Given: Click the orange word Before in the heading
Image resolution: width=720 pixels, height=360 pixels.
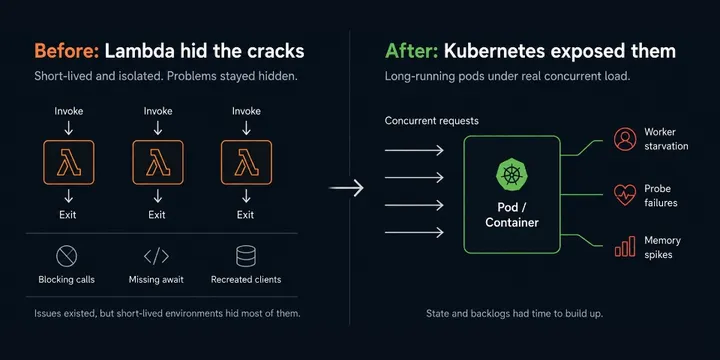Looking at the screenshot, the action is (67, 51).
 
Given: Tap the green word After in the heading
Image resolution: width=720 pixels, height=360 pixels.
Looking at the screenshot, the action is (412, 51).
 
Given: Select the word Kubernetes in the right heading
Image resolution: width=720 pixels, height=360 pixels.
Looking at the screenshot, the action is (494, 51).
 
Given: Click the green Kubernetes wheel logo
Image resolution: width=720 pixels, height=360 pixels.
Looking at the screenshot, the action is (512, 175).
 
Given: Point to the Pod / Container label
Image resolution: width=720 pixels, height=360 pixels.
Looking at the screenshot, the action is (512, 215).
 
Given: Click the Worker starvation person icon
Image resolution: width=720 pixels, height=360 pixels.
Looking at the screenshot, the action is (625, 139).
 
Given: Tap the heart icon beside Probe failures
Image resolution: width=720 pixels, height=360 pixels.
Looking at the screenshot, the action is (625, 195).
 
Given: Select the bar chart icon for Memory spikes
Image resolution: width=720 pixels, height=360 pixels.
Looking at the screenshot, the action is (625, 246).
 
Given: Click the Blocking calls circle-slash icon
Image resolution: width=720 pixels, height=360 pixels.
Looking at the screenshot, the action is (67, 256).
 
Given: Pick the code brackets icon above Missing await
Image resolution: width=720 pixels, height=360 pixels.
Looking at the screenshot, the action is (156, 256).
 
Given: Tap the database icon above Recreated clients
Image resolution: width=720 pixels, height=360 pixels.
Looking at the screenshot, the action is (246, 256).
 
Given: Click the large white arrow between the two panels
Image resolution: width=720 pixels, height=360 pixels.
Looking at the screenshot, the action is (346, 188).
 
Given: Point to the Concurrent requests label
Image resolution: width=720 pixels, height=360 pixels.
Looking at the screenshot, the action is (432, 121).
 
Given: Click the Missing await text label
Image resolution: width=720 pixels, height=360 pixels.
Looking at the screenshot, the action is (156, 279).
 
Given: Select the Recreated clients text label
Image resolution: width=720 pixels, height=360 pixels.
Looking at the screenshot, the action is (246, 279).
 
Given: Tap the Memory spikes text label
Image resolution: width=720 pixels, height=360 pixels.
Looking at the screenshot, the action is (662, 247).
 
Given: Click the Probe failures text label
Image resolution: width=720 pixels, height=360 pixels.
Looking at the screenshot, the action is (661, 196).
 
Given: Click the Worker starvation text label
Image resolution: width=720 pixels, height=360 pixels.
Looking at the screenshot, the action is (666, 139).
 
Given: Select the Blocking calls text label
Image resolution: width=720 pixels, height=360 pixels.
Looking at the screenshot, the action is (67, 279).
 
